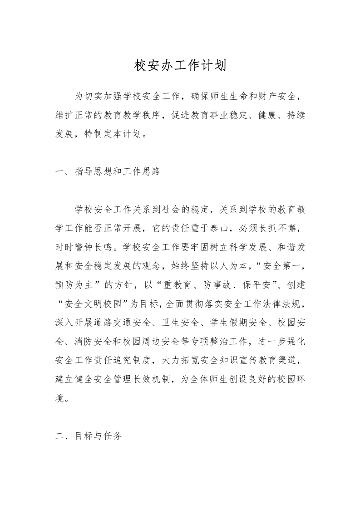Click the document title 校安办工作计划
(x=180, y=66)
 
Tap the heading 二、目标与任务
(x=88, y=437)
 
